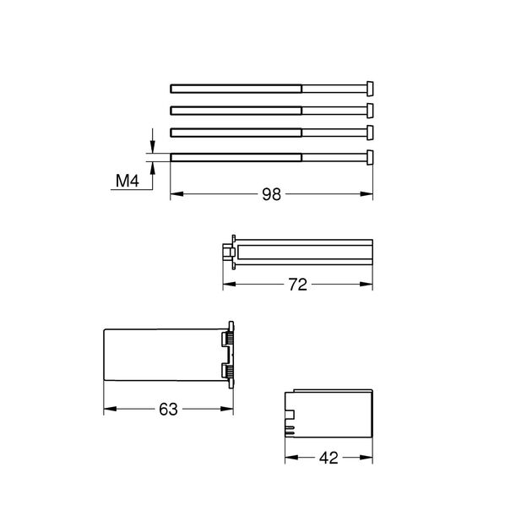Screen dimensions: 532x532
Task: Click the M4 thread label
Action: coord(128,181)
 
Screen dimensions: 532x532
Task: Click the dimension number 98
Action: coord(271,194)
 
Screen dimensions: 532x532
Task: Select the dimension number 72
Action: coord(297,285)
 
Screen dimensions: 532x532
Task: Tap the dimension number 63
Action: coord(168,410)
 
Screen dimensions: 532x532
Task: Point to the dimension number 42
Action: coord(328,458)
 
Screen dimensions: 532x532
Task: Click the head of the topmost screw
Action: coord(370,89)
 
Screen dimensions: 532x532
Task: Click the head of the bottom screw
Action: coord(370,157)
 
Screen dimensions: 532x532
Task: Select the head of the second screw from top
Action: coord(370,111)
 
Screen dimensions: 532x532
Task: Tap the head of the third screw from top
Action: coord(370,133)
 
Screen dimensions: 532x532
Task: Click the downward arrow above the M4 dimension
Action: coord(152,141)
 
